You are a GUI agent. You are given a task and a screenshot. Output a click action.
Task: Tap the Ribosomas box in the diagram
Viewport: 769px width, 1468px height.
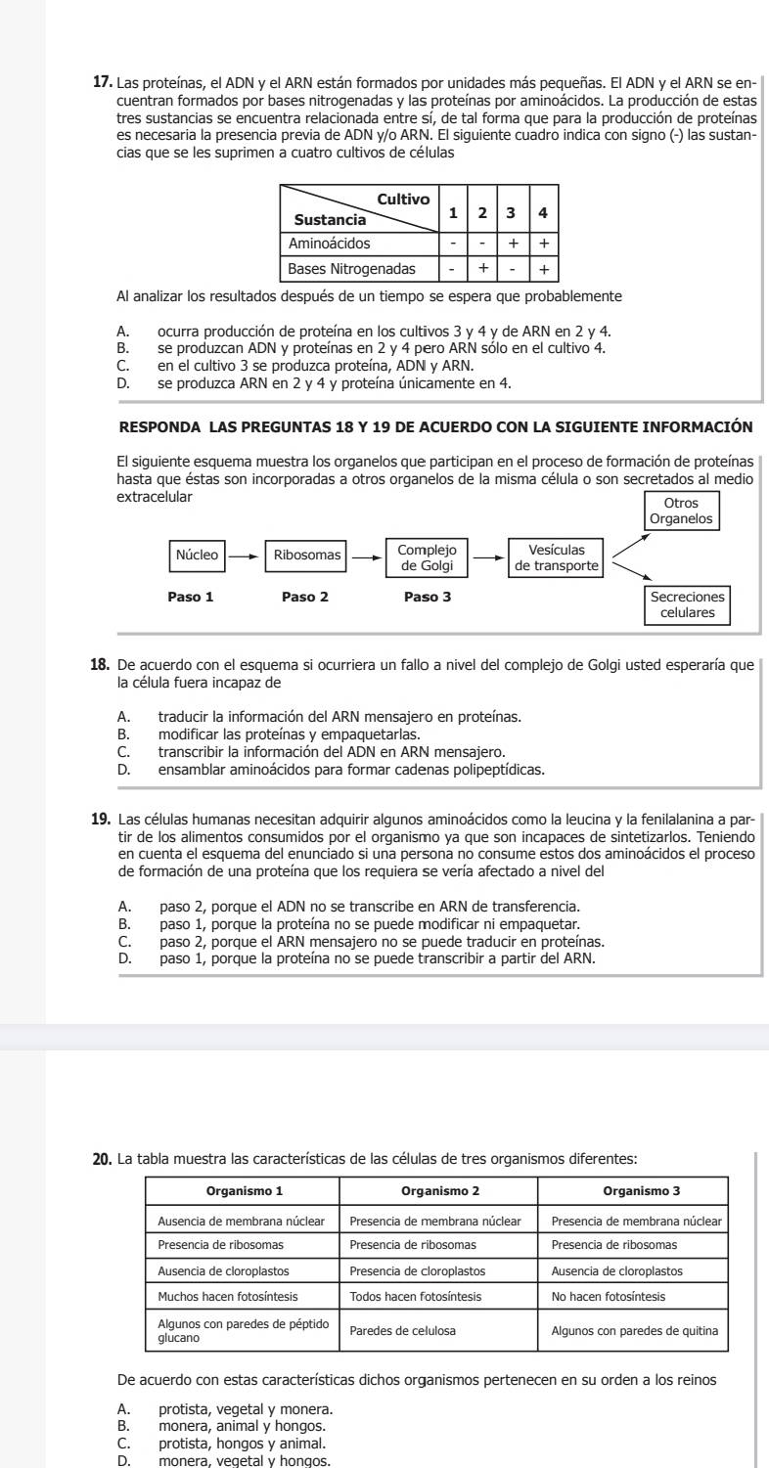[306, 555]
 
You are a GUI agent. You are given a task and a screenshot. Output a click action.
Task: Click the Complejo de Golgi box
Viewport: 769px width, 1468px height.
[427, 556]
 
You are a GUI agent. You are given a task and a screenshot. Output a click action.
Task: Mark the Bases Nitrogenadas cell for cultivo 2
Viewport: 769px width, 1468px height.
[481, 267]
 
